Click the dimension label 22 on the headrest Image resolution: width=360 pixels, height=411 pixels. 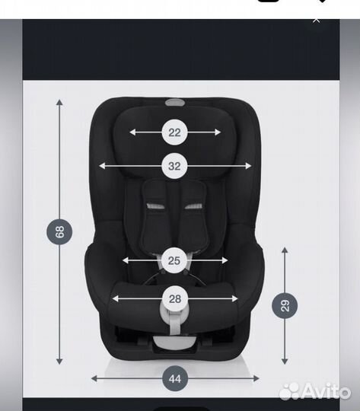(174, 132)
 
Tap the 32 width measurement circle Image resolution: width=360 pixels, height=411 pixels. (174, 165)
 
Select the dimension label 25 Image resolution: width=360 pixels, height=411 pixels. (174, 260)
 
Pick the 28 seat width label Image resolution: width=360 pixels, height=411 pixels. (174, 298)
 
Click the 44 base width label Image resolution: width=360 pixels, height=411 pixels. (174, 378)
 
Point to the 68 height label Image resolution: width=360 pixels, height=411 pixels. (60, 231)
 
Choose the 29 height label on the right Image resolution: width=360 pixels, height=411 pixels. (285, 306)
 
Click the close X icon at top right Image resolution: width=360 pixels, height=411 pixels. (317, 20)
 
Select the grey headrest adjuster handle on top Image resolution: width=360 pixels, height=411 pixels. (174, 102)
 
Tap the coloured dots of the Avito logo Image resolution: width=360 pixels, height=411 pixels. (290, 391)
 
